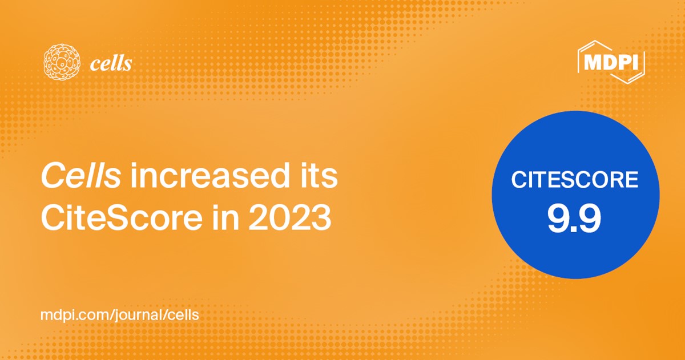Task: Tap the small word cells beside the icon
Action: (x=111, y=64)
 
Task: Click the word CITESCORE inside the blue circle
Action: (x=575, y=180)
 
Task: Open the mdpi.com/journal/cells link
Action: (x=119, y=315)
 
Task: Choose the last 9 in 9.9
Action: (x=590, y=219)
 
